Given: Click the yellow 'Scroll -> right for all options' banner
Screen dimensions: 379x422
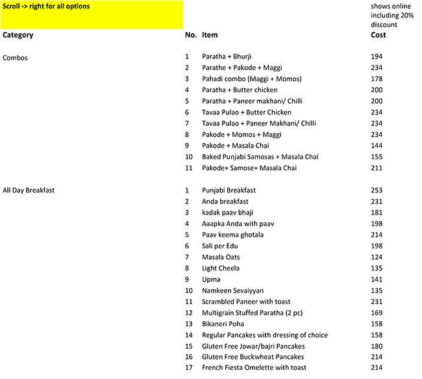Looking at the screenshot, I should pyautogui.click(x=92, y=15).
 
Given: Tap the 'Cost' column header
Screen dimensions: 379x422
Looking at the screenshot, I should pyautogui.click(x=378, y=35).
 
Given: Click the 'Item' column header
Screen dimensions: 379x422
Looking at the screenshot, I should pyautogui.click(x=210, y=35).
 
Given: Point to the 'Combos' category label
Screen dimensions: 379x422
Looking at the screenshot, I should pyautogui.click(x=16, y=57).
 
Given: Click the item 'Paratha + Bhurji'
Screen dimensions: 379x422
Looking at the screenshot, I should pyautogui.click(x=229, y=57).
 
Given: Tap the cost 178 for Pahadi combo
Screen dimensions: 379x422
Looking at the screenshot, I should pyautogui.click(x=377, y=79).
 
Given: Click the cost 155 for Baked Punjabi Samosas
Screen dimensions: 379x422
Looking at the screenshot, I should pyautogui.click(x=377, y=157).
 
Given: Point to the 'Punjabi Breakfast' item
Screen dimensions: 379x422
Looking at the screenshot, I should pyautogui.click(x=229, y=190).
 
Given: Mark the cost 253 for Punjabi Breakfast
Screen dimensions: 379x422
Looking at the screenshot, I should pyautogui.click(x=377, y=190).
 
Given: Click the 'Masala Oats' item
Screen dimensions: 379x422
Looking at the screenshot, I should pyautogui.click(x=221, y=257).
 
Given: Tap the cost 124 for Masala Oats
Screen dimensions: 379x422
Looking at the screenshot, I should pyautogui.click(x=377, y=257).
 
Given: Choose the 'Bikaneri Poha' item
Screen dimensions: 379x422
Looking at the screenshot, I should pyautogui.click(x=224, y=324).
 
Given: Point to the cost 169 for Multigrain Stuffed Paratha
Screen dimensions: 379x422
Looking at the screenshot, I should pyautogui.click(x=377, y=313).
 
